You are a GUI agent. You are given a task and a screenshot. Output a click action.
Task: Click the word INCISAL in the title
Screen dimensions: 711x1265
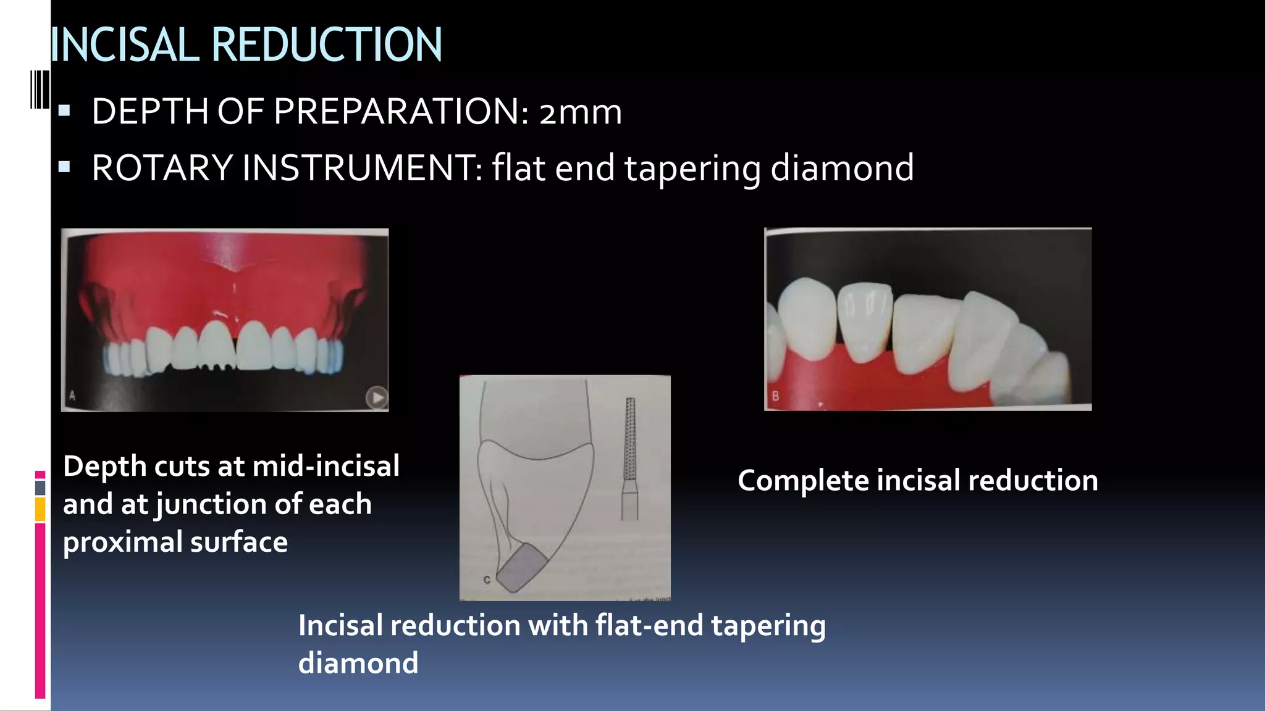pos(124,45)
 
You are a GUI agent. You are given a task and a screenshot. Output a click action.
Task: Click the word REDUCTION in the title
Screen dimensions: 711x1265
pos(327,45)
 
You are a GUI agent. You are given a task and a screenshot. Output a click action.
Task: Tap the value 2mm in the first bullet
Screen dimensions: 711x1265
pos(580,112)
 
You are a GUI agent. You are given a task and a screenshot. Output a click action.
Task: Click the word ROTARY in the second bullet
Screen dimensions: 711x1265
pos(162,168)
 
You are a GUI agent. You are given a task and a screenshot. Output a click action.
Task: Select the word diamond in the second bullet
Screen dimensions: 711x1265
pos(842,168)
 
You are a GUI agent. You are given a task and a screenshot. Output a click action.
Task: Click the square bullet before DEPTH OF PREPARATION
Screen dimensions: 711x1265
pos(64,112)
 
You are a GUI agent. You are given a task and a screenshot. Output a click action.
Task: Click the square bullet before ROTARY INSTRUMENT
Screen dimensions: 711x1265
pos(64,167)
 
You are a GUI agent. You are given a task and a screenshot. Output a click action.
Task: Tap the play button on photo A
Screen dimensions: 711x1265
pos(376,397)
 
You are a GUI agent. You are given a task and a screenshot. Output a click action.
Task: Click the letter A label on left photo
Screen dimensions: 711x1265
pos(72,396)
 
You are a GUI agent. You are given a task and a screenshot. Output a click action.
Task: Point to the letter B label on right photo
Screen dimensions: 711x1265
pos(775,396)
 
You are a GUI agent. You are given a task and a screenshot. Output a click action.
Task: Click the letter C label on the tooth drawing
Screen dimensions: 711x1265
pos(487,580)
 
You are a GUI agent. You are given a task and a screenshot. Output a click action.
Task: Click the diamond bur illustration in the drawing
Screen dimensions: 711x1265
pos(629,457)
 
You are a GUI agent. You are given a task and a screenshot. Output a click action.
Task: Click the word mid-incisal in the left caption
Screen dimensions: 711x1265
pos(326,466)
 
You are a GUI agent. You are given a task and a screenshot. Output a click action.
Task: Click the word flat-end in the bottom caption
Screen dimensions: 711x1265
pos(649,626)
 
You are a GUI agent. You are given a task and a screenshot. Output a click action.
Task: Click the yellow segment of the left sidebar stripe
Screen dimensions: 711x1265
pos(40,510)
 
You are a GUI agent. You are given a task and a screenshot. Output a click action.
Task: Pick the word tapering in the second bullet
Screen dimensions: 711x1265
pos(692,168)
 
